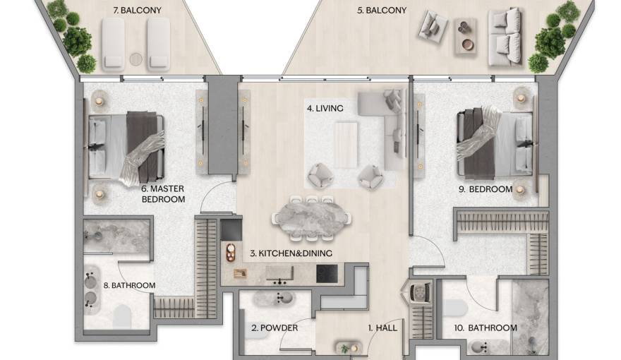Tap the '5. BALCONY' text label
[382, 11]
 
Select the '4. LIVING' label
[325, 109]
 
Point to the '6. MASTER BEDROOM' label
[163, 194]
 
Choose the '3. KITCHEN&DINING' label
[291, 253]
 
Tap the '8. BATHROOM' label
[129, 285]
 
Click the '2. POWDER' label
[275, 328]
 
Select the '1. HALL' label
[382, 328]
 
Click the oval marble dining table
[310, 215]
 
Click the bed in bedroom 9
[494, 145]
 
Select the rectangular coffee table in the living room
[346, 145]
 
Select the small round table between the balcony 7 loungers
[136, 54]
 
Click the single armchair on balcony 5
[432, 27]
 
